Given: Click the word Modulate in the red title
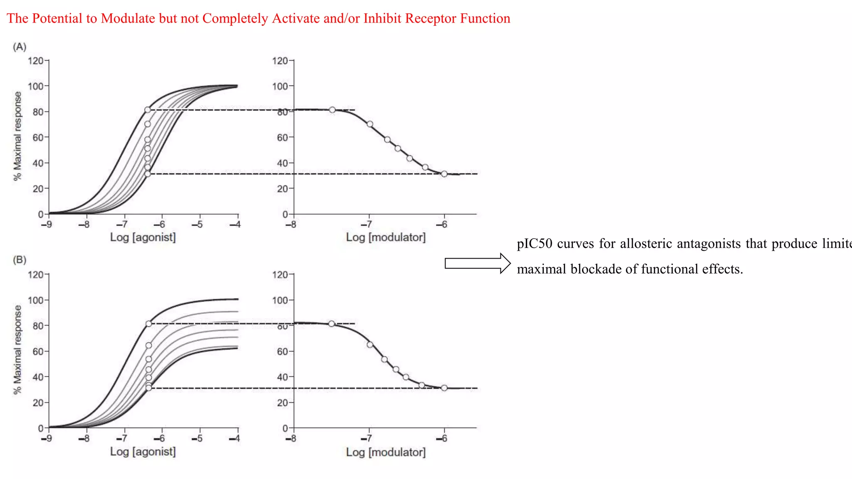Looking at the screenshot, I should coord(128,19).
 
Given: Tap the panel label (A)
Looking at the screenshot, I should coord(20,47).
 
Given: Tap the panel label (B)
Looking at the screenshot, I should coord(20,260).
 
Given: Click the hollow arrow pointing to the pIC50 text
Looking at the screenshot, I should coord(477,263).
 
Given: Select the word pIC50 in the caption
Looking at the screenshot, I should coord(534,244).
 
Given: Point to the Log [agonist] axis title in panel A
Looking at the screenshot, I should coord(143,237).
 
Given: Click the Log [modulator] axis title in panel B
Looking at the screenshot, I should coord(386,452).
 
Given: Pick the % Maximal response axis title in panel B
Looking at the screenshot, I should coord(17,350).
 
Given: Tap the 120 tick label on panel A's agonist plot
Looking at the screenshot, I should coord(35,61).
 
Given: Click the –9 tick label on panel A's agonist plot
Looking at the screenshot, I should coord(46,225).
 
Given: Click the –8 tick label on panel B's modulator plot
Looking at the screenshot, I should coord(291,438).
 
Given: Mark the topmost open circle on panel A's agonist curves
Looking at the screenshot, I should coord(148,110).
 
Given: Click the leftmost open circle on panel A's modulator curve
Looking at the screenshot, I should coord(332,110).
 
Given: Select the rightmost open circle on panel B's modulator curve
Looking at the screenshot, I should coord(444,388).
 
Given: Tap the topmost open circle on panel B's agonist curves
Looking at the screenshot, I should coord(149,323).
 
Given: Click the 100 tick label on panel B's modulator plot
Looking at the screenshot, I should coord(280,300).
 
